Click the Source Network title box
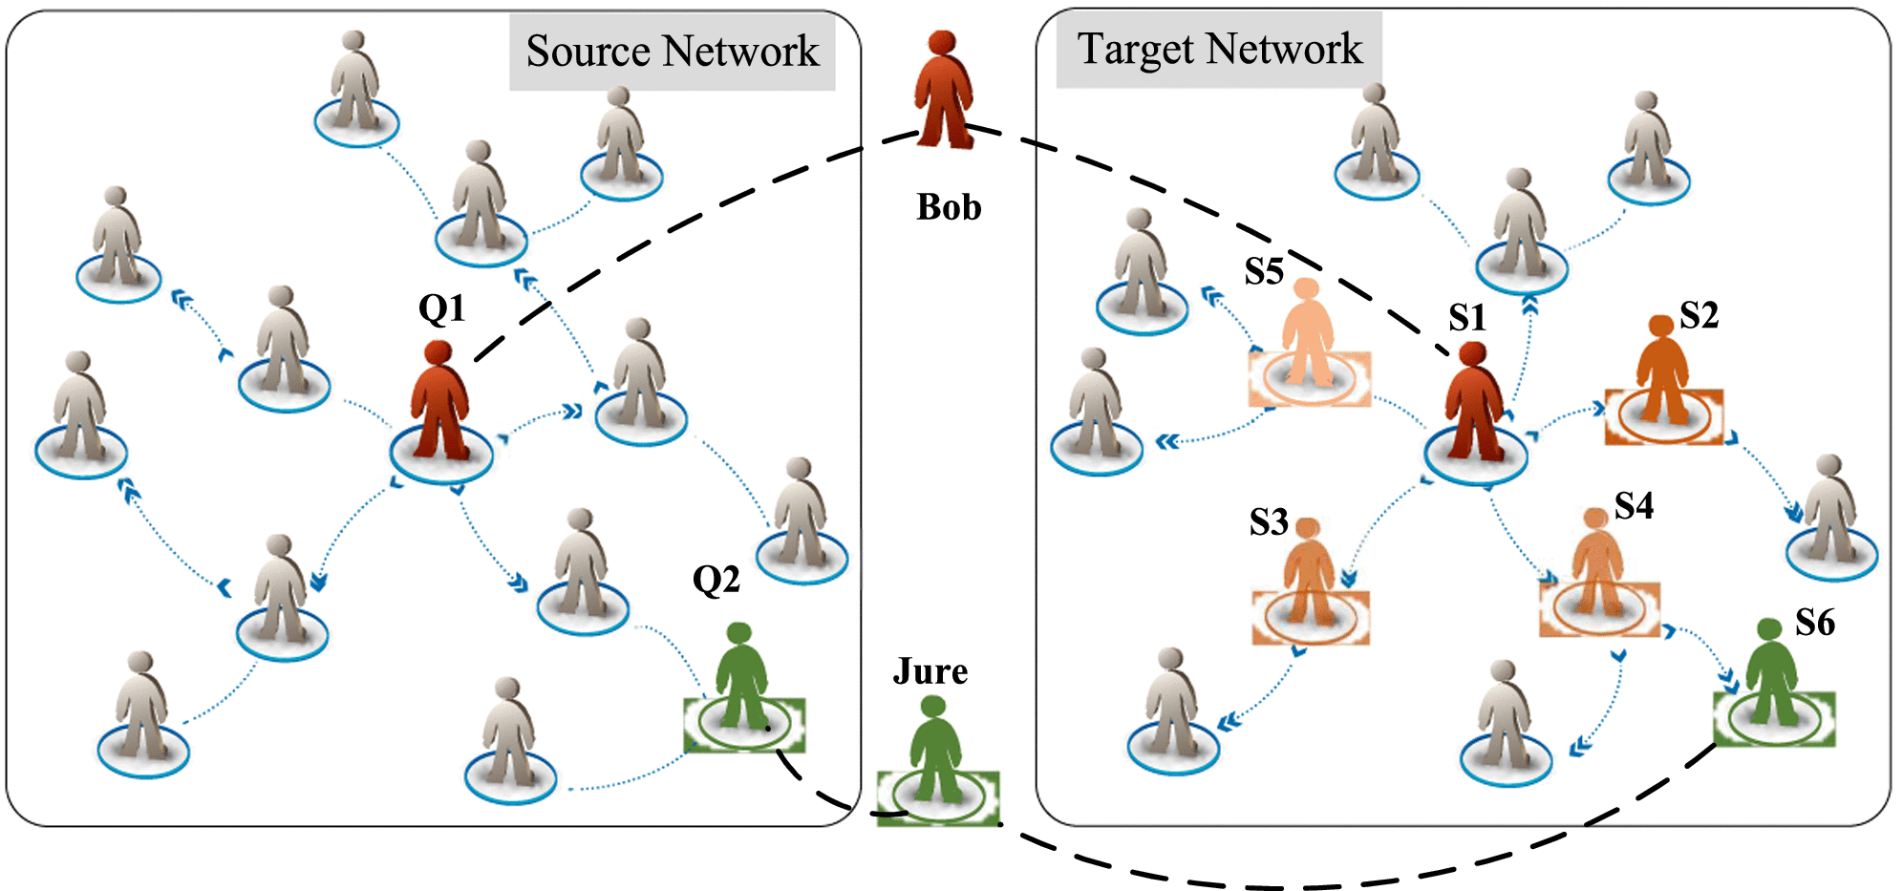672,52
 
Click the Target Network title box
1219,50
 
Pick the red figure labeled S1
1474,406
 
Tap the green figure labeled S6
1772,678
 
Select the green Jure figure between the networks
936,754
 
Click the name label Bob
949,207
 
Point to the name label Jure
930,671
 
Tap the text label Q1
441,308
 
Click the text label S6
1815,623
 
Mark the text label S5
1264,272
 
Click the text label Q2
716,580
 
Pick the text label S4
1634,506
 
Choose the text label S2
1699,315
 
